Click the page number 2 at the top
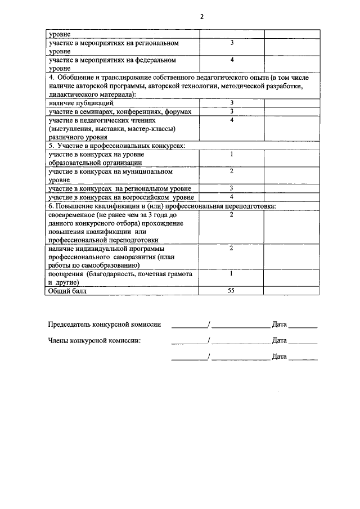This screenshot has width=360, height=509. (201, 16)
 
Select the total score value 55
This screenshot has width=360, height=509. (231, 291)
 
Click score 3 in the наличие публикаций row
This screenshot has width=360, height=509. (231, 103)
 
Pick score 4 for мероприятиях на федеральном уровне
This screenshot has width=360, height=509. (231, 60)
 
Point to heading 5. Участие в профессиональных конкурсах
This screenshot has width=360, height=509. (116, 146)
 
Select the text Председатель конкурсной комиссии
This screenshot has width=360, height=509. (105, 325)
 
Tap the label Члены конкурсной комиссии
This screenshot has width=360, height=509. (94, 340)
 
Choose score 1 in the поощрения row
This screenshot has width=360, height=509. (231, 273)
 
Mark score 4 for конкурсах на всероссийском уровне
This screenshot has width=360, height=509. (231, 197)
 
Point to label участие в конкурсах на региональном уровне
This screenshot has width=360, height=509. (119, 188)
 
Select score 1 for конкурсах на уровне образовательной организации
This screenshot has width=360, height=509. (231, 154)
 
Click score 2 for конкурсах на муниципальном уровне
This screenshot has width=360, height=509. (231, 171)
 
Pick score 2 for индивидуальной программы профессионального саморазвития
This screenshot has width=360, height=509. (231, 247)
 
